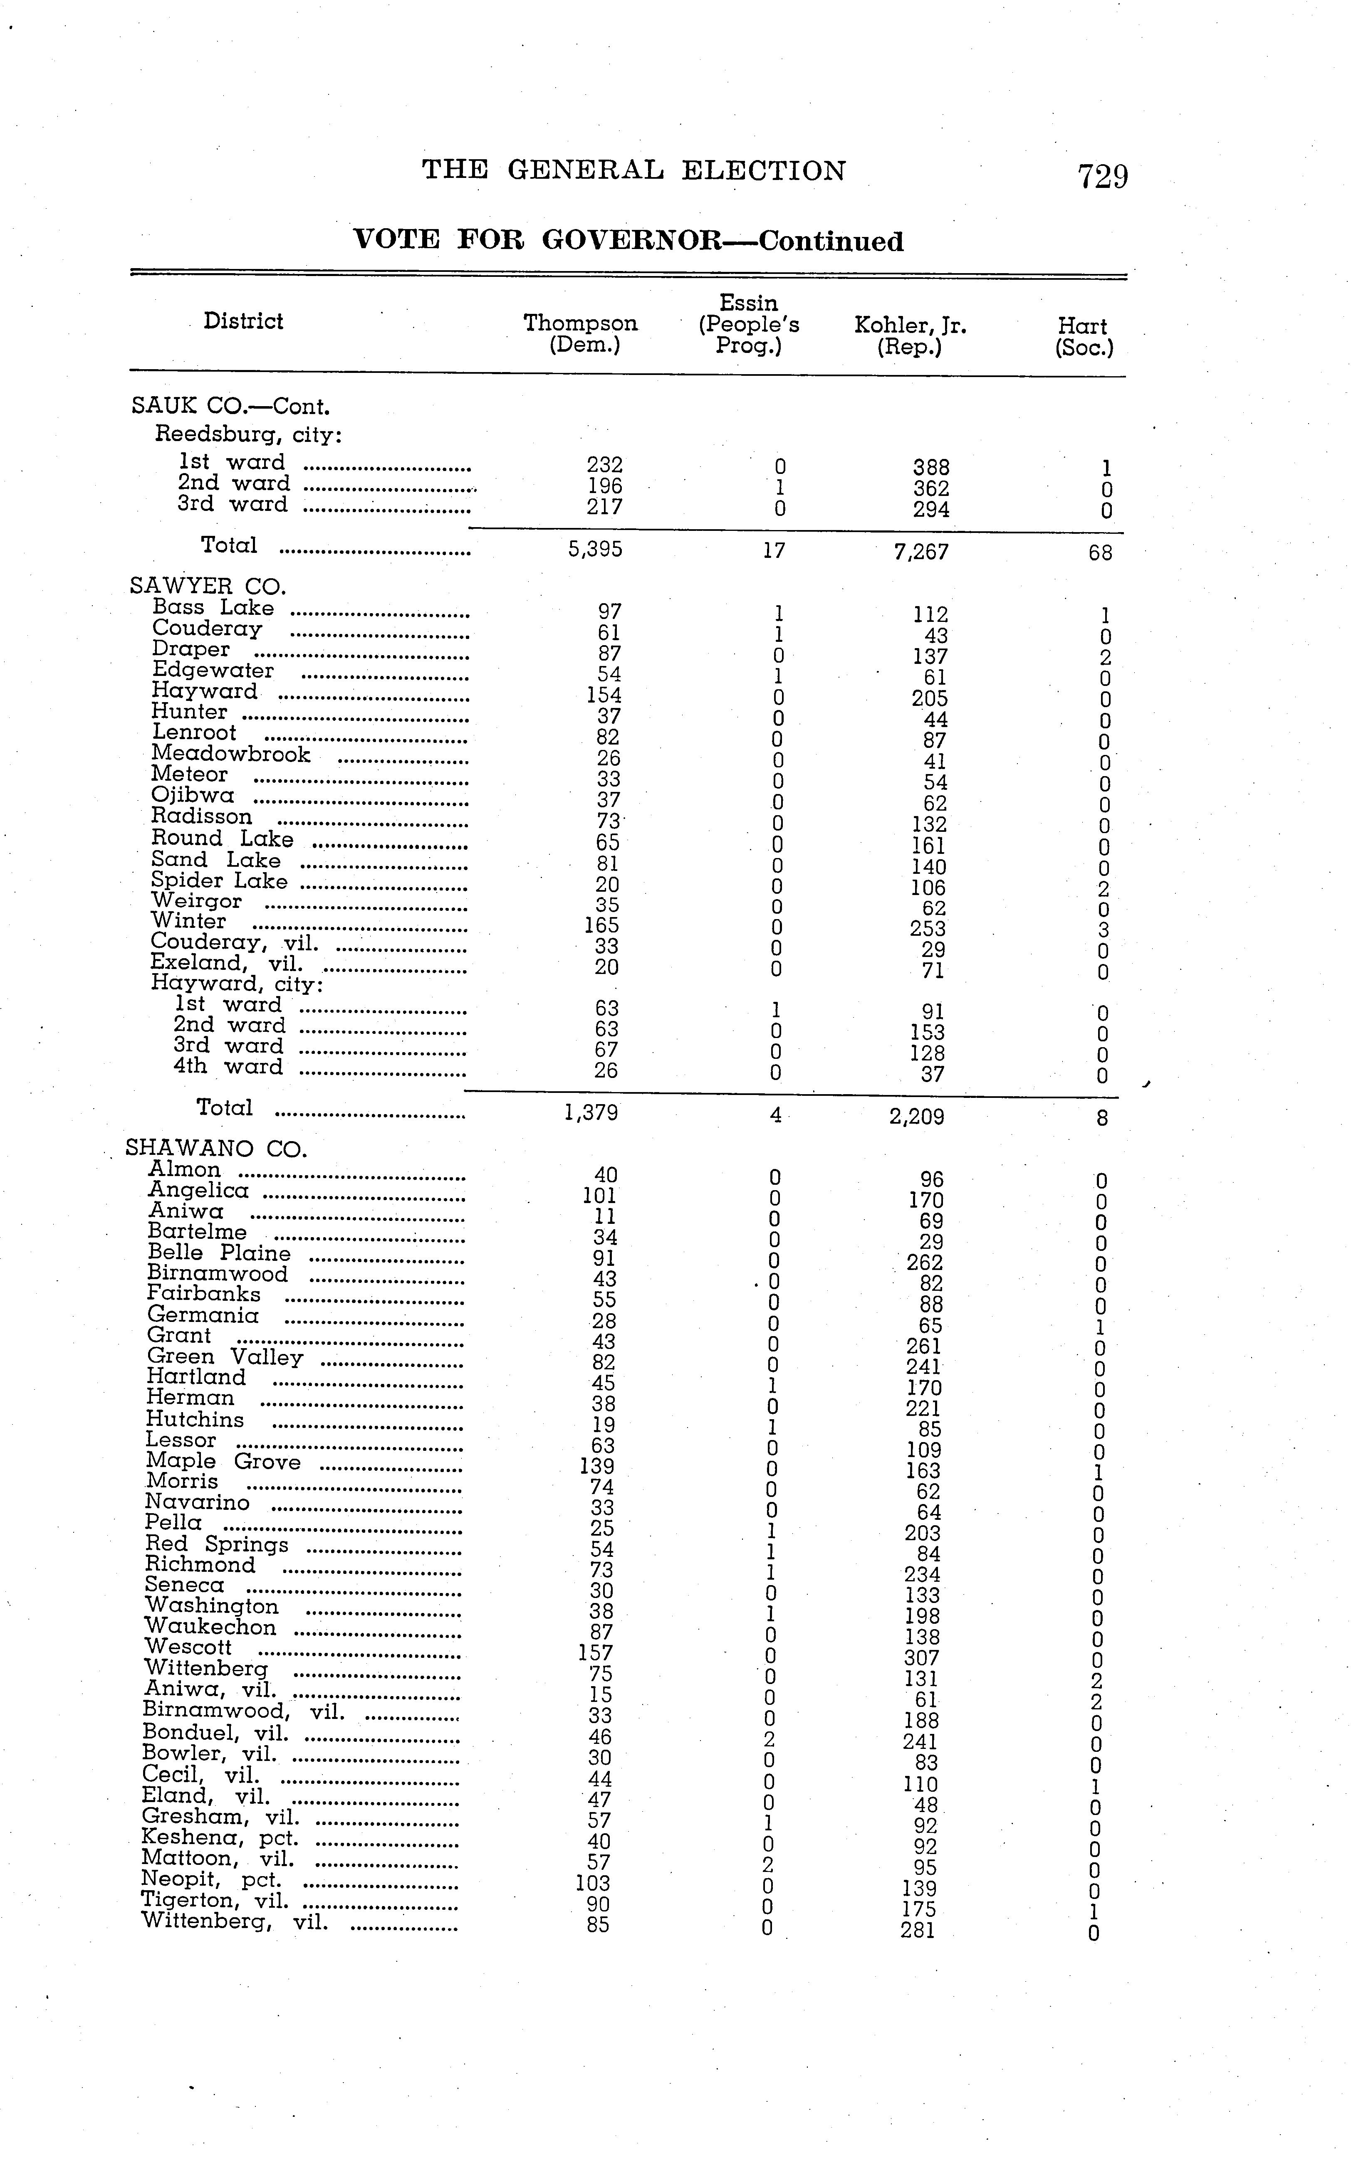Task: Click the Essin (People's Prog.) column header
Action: [x=749, y=324]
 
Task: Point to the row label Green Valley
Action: [x=225, y=1357]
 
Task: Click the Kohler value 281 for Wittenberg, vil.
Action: [x=918, y=1931]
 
